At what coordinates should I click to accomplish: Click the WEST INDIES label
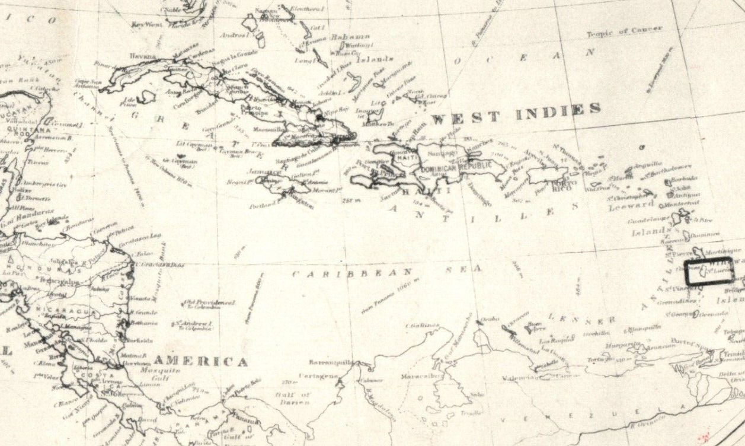[516, 113]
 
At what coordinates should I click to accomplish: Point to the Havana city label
[143, 56]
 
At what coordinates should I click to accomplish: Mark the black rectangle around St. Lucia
[709, 272]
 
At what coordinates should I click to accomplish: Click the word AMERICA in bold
[200, 362]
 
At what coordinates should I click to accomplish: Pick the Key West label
[146, 24]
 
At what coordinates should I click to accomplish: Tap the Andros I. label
[232, 36]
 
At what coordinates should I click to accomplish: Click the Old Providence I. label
[209, 302]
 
